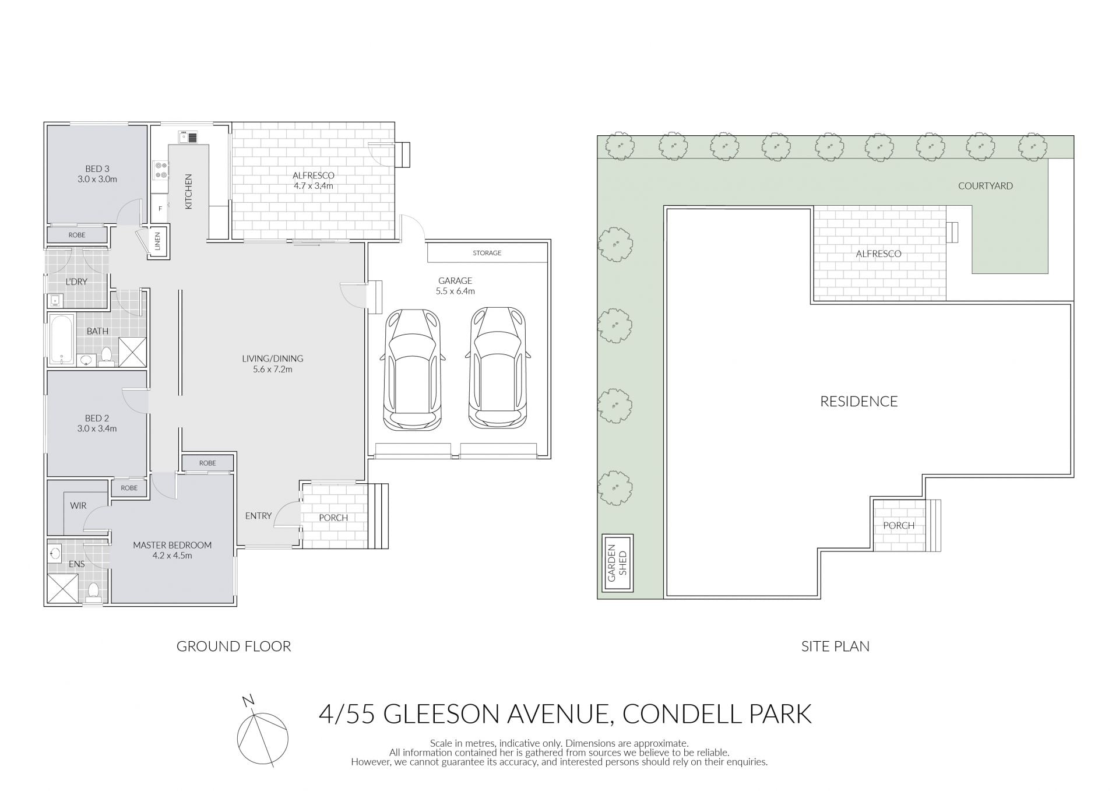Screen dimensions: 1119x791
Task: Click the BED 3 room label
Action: (97, 174)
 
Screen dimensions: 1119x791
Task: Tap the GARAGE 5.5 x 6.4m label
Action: (455, 286)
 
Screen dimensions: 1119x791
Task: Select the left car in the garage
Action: (412, 369)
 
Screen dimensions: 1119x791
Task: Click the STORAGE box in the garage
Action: (487, 253)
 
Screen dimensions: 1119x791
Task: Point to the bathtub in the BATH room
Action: (61, 339)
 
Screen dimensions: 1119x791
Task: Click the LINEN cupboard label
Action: (158, 241)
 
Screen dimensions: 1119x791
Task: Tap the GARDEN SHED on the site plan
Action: (617, 563)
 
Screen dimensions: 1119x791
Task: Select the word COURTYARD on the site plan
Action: (986, 186)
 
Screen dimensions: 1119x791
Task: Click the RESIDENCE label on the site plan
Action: (859, 401)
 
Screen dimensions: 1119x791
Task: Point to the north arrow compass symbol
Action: (262, 732)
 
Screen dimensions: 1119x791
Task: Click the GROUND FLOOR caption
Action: (234, 646)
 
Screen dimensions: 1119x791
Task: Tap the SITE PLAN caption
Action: (835, 646)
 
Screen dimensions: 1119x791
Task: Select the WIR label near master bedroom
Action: (78, 505)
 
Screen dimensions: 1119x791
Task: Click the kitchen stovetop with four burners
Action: (160, 170)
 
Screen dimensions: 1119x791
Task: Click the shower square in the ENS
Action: (62, 588)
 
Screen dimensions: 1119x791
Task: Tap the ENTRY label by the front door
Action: (258, 515)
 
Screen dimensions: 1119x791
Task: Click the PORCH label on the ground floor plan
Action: (333, 518)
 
